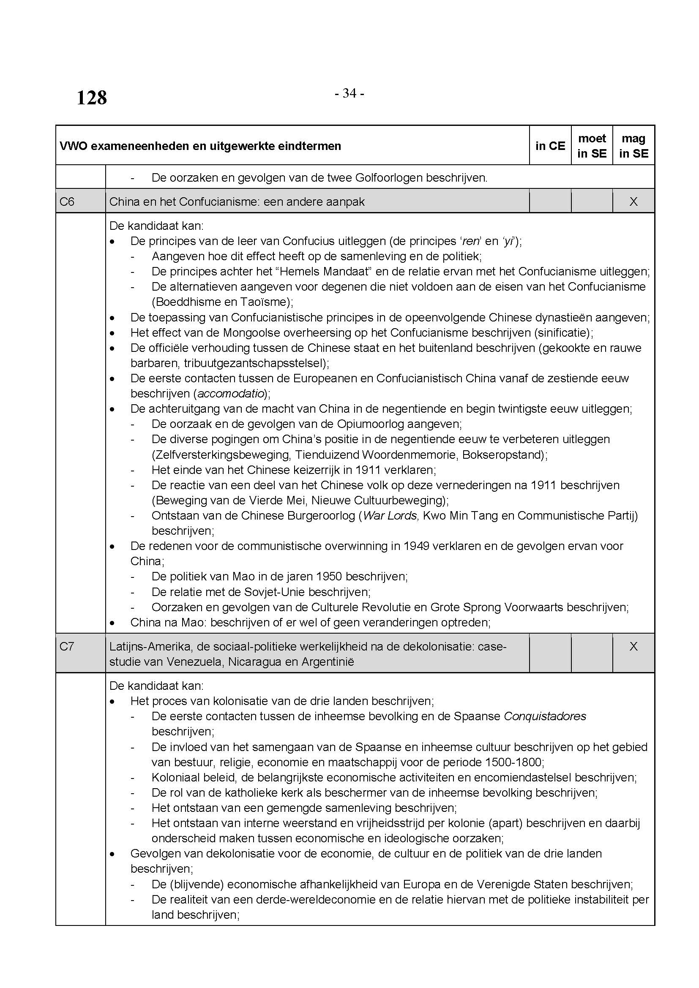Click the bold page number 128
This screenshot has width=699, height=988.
92,98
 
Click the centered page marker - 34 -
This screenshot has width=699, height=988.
349,93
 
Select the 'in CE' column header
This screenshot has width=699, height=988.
550,146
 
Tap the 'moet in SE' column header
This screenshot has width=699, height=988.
592,146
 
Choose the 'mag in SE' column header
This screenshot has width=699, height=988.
633,146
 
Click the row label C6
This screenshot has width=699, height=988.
67,201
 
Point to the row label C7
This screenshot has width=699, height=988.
67,646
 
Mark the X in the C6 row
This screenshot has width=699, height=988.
633,201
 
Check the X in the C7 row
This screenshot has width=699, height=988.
633,646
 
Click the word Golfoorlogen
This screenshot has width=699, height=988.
389,178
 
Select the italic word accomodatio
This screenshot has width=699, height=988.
230,393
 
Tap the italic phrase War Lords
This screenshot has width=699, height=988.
390,515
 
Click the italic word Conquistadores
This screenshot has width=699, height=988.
545,716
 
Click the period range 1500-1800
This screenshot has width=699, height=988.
513,762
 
